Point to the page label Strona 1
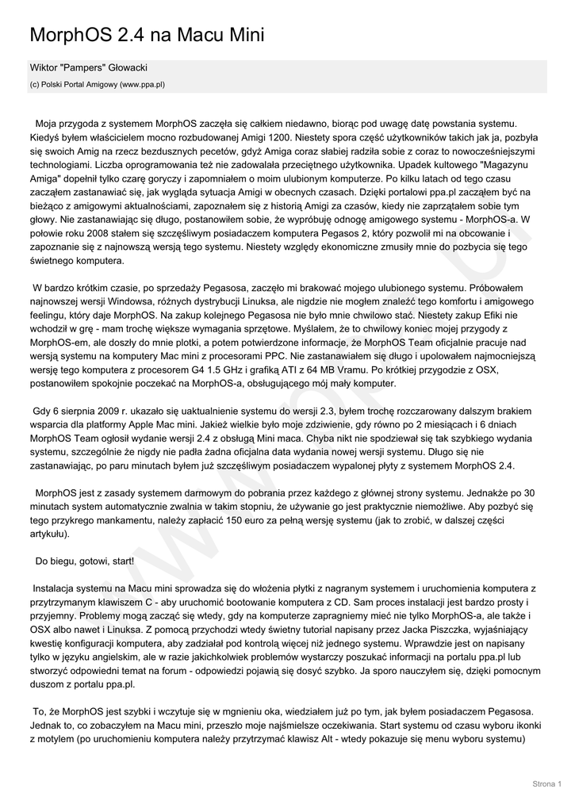click(x=546, y=784)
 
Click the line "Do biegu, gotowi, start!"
click(x=85, y=561)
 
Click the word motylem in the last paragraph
click(x=49, y=738)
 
